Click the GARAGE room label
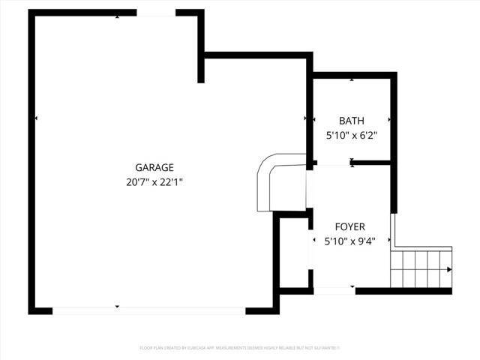(x=154, y=168)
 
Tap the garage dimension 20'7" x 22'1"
(x=154, y=181)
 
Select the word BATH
(x=351, y=121)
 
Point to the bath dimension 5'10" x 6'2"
(x=351, y=136)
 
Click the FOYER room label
(x=349, y=226)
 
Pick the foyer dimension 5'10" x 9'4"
(x=349, y=241)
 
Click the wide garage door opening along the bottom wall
(x=148, y=310)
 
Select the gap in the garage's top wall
(x=156, y=13)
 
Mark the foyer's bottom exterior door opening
(x=334, y=290)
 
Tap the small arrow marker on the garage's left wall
(x=36, y=118)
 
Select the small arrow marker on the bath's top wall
(x=352, y=78)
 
